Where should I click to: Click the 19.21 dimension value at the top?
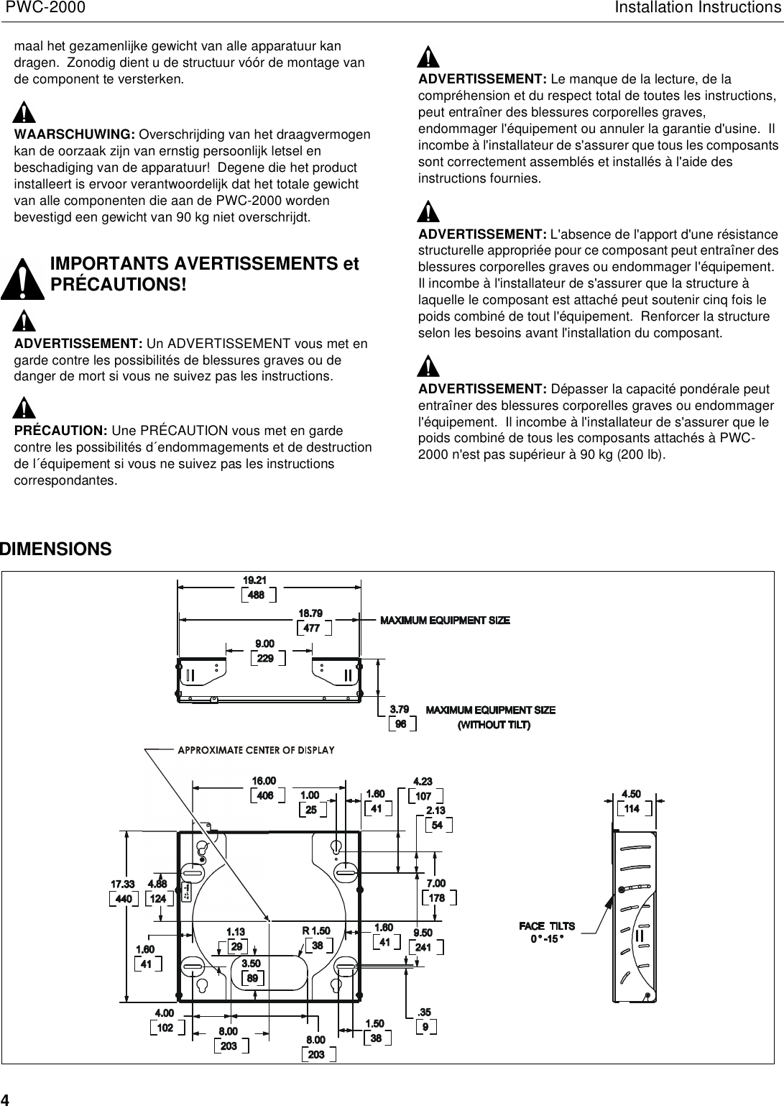coord(254,580)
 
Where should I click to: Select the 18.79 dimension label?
coord(310,613)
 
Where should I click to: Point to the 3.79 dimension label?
coord(400,710)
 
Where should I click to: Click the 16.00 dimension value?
coord(264,781)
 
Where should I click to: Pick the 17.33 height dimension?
coord(122,884)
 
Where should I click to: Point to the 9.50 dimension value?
coord(423,933)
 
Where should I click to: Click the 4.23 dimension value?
coord(423,782)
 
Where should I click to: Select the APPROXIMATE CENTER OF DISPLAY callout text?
coord(256,750)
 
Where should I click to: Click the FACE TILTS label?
coord(547,926)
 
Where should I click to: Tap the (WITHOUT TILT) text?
coord(494,725)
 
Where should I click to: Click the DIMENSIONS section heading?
coord(56,549)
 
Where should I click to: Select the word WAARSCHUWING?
coord(75,135)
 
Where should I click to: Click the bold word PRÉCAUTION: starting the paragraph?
coord(61,431)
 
